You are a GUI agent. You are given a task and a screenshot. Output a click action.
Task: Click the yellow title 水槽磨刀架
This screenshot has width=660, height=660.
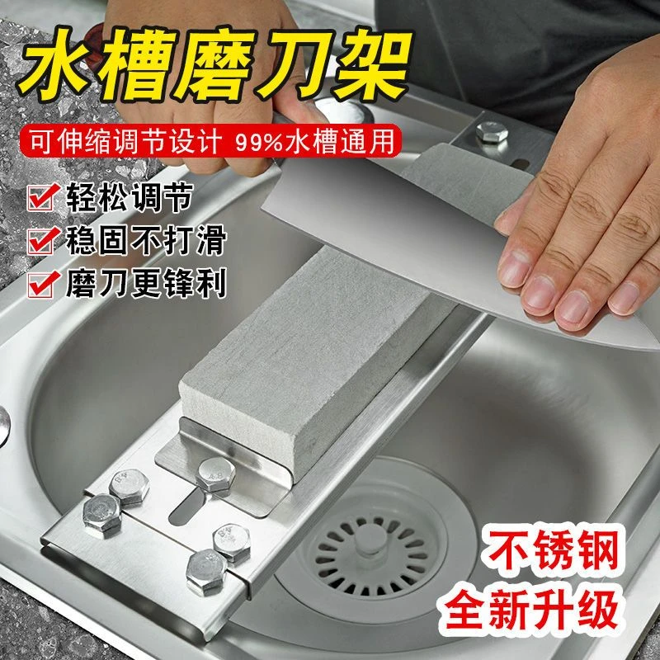(214, 64)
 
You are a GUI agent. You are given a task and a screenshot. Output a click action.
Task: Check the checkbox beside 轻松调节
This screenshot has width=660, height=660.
(42, 197)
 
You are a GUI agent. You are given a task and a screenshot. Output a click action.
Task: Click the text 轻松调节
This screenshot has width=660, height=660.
(130, 197)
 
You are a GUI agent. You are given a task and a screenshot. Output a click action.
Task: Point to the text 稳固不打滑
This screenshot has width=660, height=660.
(146, 240)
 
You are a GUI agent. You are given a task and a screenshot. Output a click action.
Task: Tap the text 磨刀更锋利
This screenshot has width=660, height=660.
(146, 284)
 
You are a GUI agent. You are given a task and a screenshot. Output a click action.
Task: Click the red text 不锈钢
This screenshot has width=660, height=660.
(550, 549)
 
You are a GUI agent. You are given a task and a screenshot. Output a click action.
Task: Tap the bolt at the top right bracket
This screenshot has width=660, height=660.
(492, 133)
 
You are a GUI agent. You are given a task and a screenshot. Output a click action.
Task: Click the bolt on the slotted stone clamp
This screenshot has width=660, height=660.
(216, 475)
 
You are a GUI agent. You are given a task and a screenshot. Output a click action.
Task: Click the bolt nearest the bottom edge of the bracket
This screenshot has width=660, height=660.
(206, 573)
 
